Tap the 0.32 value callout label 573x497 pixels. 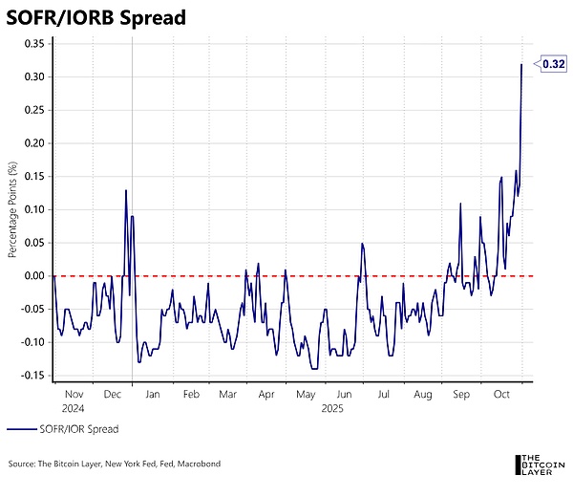pyautogui.click(x=554, y=64)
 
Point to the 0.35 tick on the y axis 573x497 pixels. pyautogui.click(x=34, y=43)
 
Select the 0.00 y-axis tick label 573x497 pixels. pyautogui.click(x=34, y=276)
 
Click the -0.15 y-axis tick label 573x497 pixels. pyautogui.click(x=32, y=376)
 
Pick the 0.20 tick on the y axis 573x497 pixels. pyautogui.click(x=34, y=143)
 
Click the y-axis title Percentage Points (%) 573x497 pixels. pyautogui.click(x=13, y=209)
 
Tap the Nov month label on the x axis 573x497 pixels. pyautogui.click(x=74, y=394)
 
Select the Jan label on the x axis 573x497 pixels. pyautogui.click(x=152, y=394)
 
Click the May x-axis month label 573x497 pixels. pyautogui.click(x=305, y=394)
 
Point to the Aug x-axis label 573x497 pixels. pyautogui.click(x=423, y=394)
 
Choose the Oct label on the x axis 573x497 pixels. pyautogui.click(x=501, y=394)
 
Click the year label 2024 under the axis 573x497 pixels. pyautogui.click(x=74, y=408)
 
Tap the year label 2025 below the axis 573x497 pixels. pyautogui.click(x=332, y=408)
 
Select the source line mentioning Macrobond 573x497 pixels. pyautogui.click(x=114, y=464)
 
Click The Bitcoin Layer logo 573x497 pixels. pyautogui.click(x=539, y=463)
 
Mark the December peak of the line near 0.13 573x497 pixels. pyautogui.click(x=125, y=190)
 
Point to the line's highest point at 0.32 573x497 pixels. pyautogui.click(x=521, y=64)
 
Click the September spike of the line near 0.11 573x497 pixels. pyautogui.click(x=460, y=204)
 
